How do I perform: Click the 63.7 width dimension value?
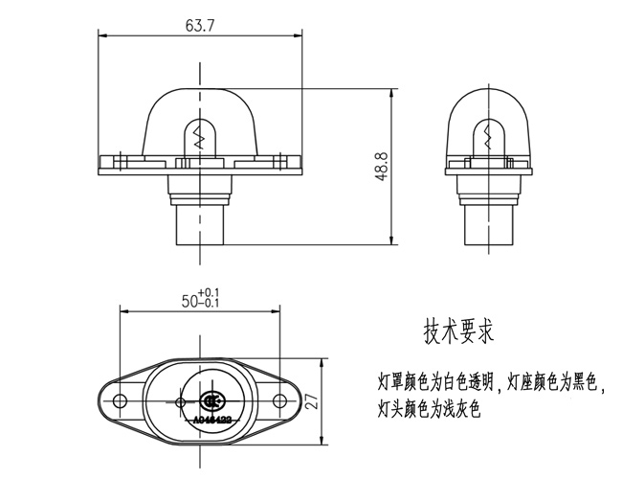click(200, 25)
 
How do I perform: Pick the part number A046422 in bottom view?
click(211, 419)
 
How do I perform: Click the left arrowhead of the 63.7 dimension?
click(102, 36)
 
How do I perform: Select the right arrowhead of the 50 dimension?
click(277, 308)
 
